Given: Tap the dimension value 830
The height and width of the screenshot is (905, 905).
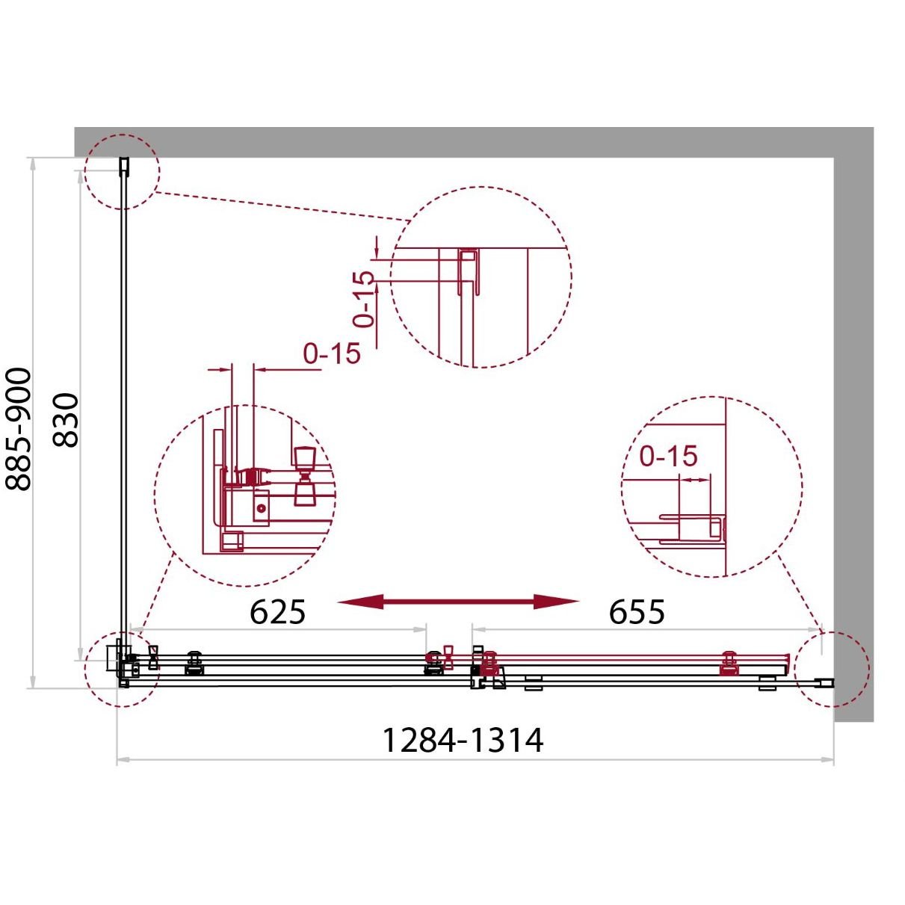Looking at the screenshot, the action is pos(65,420).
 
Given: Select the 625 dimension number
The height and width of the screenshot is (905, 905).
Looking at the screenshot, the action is pos(277,612).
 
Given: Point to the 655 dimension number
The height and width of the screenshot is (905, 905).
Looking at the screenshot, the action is pos(637,612).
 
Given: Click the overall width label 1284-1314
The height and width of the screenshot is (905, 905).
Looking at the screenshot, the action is pos(463,741).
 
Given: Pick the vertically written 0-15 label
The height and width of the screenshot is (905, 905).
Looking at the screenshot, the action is pos(365,299).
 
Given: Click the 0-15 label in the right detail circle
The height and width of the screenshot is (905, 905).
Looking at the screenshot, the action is pos(669,456).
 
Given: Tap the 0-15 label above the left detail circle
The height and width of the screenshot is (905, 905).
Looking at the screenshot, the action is pos(332,353).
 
